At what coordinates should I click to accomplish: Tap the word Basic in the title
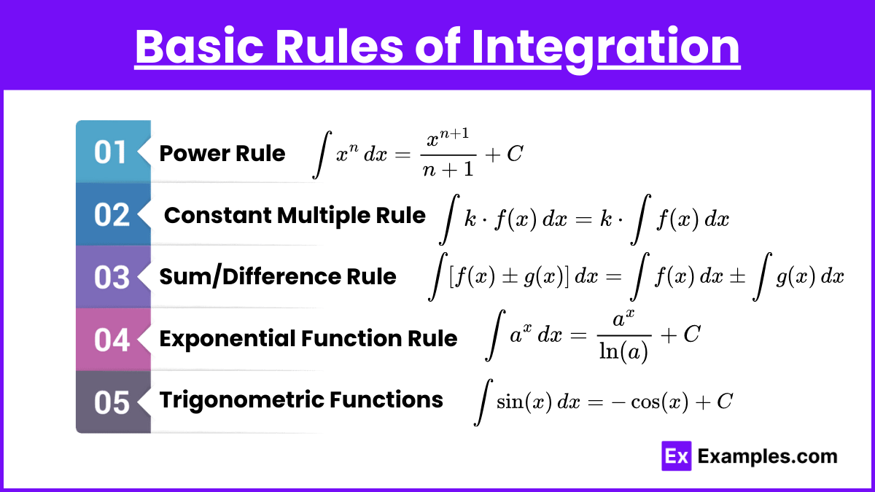(x=199, y=46)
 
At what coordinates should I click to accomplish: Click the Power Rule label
(x=222, y=153)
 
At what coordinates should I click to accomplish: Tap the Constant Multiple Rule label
(x=295, y=216)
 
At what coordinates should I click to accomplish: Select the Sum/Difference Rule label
(x=278, y=276)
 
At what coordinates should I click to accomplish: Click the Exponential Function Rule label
(x=308, y=339)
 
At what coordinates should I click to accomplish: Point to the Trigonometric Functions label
(x=301, y=400)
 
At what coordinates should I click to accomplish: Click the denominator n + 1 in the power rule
(x=448, y=169)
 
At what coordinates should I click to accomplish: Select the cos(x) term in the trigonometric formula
(x=659, y=402)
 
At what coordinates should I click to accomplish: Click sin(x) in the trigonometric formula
(x=524, y=402)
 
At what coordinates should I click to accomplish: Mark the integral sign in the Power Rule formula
(x=322, y=155)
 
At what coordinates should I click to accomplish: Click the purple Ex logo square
(x=677, y=456)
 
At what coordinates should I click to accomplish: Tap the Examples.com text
(x=768, y=456)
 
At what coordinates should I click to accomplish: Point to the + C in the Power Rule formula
(x=504, y=154)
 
